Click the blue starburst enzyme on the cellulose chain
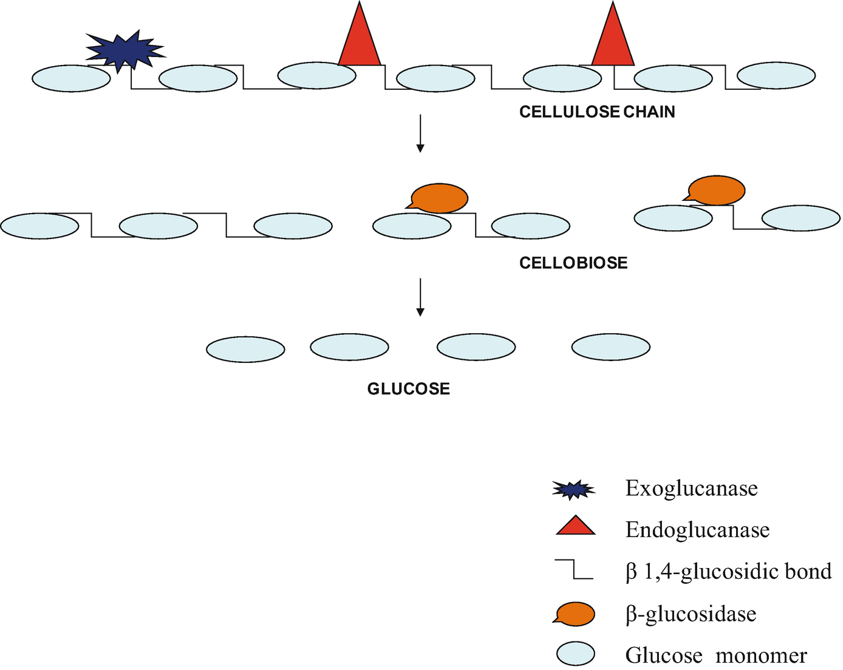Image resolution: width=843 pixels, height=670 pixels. tap(125, 50)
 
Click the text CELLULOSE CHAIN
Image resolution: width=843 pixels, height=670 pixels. tap(597, 112)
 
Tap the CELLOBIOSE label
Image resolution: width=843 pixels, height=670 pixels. tap(573, 263)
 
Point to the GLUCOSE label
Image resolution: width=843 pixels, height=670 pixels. tap(408, 389)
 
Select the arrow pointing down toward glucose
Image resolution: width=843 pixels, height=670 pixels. tap(420, 297)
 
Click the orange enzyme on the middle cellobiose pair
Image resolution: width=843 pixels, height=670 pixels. tap(439, 198)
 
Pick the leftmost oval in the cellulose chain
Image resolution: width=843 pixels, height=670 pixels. tap(71, 79)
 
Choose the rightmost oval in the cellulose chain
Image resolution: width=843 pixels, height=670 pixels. tap(776, 75)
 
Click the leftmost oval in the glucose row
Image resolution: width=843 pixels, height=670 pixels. tap(245, 350)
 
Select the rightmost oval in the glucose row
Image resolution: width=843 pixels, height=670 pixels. tap(611, 347)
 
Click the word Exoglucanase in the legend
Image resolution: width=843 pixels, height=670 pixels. tap(691, 489)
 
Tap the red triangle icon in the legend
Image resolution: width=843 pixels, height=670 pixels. tap(575, 526)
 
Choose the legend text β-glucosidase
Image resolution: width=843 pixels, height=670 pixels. tap(691, 614)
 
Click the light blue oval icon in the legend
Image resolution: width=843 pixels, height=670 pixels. tap(575, 654)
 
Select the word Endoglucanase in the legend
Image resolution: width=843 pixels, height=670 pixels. tap(697, 530)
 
